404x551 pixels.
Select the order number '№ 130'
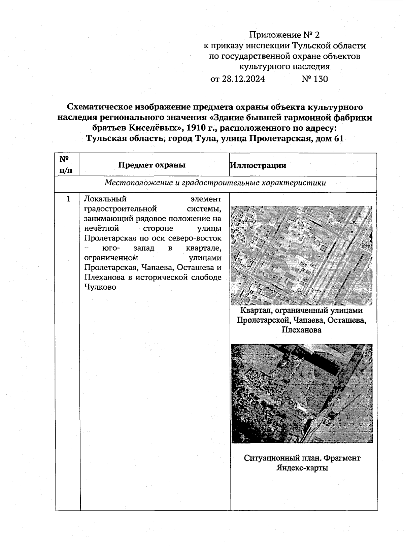[314, 79]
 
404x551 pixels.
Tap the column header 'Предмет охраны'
[152, 165]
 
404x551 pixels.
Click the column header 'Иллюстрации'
[258, 165]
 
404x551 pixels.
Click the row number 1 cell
[68, 199]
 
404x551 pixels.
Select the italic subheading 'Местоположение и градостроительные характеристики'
[215, 183]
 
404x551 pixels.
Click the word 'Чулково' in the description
[100, 287]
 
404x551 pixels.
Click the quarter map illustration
[302, 255]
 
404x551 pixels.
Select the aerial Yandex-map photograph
[302, 393]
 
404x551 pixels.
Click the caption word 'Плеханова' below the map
[301, 330]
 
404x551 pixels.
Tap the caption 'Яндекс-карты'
[302, 468]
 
